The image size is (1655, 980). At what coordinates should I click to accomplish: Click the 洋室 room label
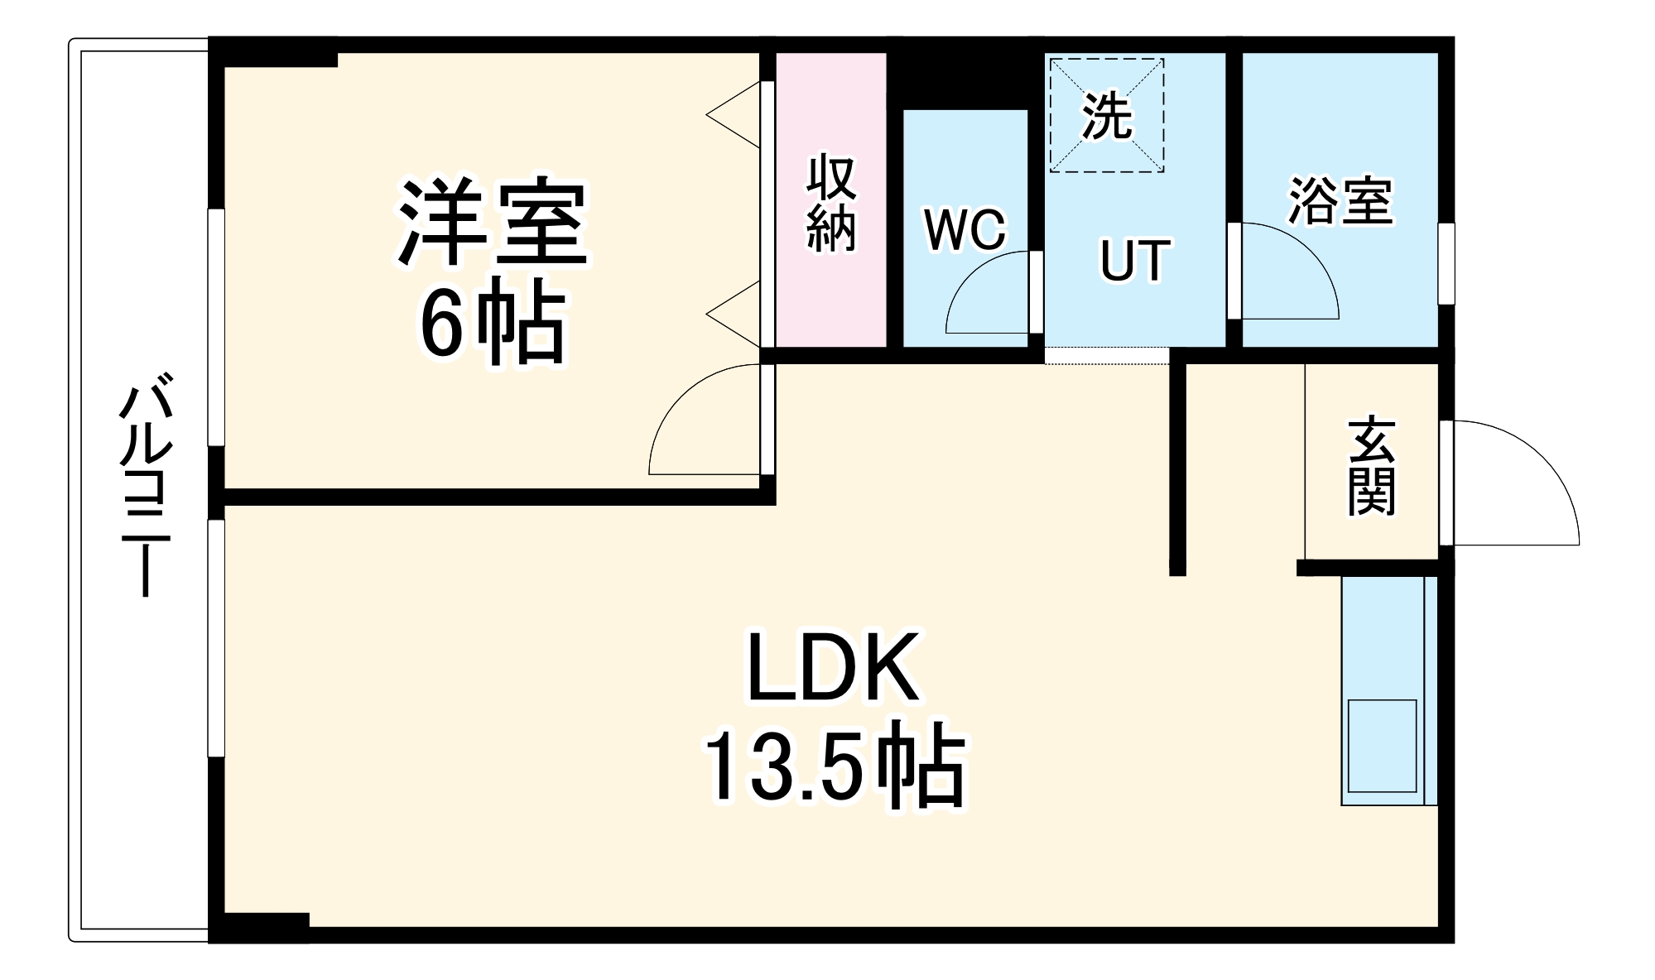pyautogui.click(x=493, y=221)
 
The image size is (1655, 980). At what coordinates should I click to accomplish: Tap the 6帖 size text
pyautogui.click(x=493, y=322)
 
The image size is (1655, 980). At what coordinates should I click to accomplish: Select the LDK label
pyautogui.click(x=833, y=667)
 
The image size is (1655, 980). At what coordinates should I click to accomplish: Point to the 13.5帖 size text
pyautogui.click(x=835, y=765)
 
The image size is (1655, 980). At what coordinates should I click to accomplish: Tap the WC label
pyautogui.click(x=965, y=229)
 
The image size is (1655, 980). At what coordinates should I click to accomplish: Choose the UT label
pyautogui.click(x=1134, y=260)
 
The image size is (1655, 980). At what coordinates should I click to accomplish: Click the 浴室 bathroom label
pyautogui.click(x=1340, y=200)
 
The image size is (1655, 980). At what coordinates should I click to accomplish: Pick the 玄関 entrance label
pyautogui.click(x=1372, y=467)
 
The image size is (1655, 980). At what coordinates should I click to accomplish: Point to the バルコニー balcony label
pyautogui.click(x=146, y=485)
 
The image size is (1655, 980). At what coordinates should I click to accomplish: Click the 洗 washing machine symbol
pyautogui.click(x=1107, y=115)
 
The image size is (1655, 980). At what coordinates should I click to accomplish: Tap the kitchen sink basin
pyautogui.click(x=1382, y=746)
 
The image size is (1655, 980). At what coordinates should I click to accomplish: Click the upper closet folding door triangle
pyautogui.click(x=734, y=115)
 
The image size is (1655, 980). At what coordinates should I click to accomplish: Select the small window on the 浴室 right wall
pyautogui.click(x=1446, y=264)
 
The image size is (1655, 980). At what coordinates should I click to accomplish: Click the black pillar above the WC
pyautogui.click(x=965, y=81)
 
